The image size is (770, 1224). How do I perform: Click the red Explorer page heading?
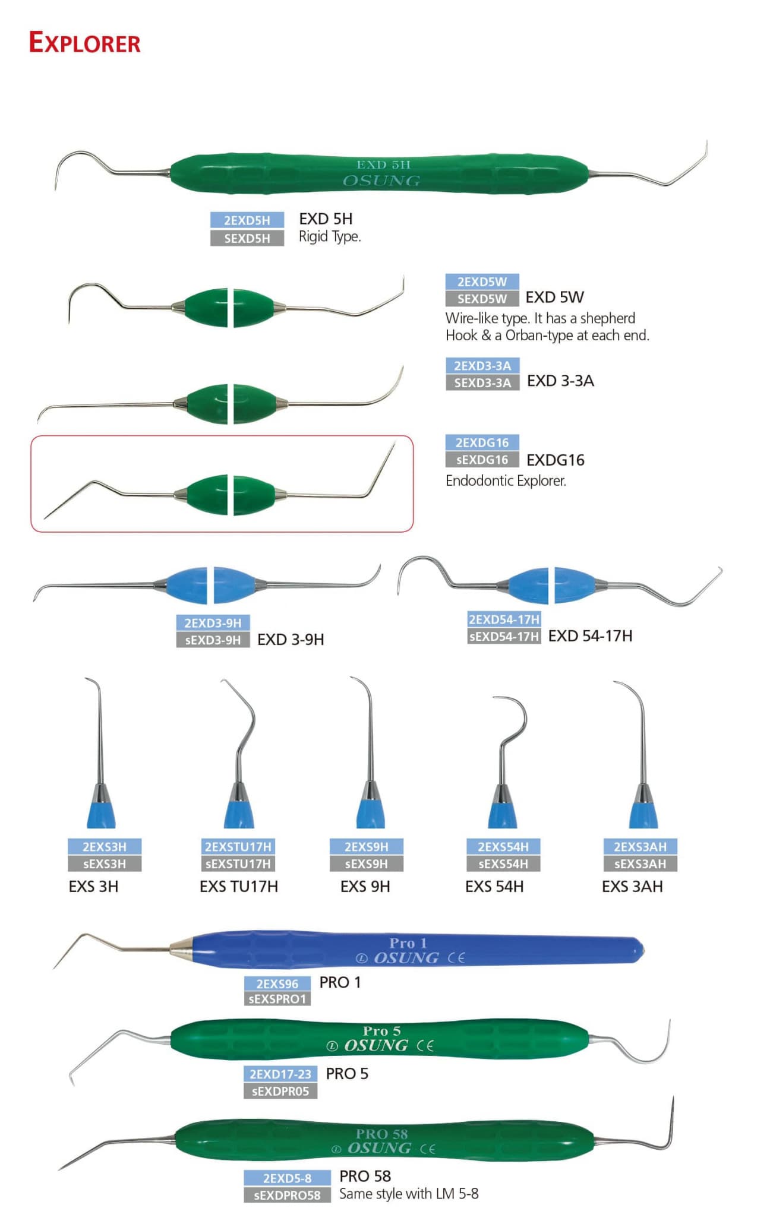click(84, 43)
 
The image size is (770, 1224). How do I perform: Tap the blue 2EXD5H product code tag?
click(247, 220)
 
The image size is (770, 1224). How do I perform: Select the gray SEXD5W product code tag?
click(482, 299)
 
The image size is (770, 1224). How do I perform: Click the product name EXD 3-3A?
click(560, 381)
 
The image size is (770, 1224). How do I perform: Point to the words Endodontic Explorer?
click(506, 480)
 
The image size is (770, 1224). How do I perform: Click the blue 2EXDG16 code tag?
click(482, 442)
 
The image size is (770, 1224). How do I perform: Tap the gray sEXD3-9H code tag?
click(213, 640)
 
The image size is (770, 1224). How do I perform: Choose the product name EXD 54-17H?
click(590, 636)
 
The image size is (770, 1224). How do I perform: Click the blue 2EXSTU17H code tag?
click(238, 847)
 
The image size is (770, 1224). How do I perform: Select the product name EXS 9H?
click(365, 887)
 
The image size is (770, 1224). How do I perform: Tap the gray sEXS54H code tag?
click(503, 864)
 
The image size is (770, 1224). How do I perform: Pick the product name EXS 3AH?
click(632, 887)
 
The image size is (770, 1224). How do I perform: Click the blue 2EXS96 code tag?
click(277, 983)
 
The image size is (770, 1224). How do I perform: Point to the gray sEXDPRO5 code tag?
click(280, 1091)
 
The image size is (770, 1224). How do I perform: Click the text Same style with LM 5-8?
click(409, 1194)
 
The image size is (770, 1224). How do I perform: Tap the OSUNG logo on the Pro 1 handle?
click(406, 958)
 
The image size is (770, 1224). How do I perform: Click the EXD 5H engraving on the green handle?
click(383, 165)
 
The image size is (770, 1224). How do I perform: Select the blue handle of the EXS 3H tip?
click(101, 811)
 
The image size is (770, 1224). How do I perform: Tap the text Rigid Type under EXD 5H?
click(330, 236)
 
